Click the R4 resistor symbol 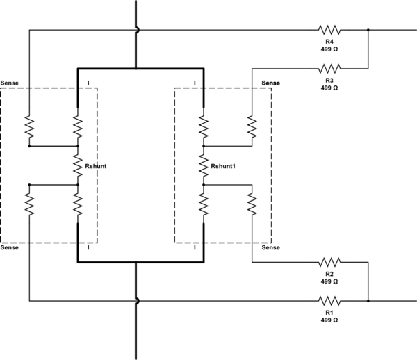click(329, 30)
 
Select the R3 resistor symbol click(329, 68)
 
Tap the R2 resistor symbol click(329, 263)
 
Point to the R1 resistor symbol click(329, 301)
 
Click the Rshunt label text click(95, 167)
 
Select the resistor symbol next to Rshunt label click(78, 165)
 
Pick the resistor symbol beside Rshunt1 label click(203, 165)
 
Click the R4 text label click(329, 41)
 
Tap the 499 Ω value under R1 click(329, 320)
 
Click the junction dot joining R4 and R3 click(368, 30)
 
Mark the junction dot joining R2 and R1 click(368, 301)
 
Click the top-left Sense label click(10, 83)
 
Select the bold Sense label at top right click(270, 83)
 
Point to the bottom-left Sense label click(10, 247)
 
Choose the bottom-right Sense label click(270, 247)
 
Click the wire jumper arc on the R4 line click(137, 30)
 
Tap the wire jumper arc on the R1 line click(137, 301)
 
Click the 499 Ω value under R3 click(329, 88)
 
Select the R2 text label click(329, 274)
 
